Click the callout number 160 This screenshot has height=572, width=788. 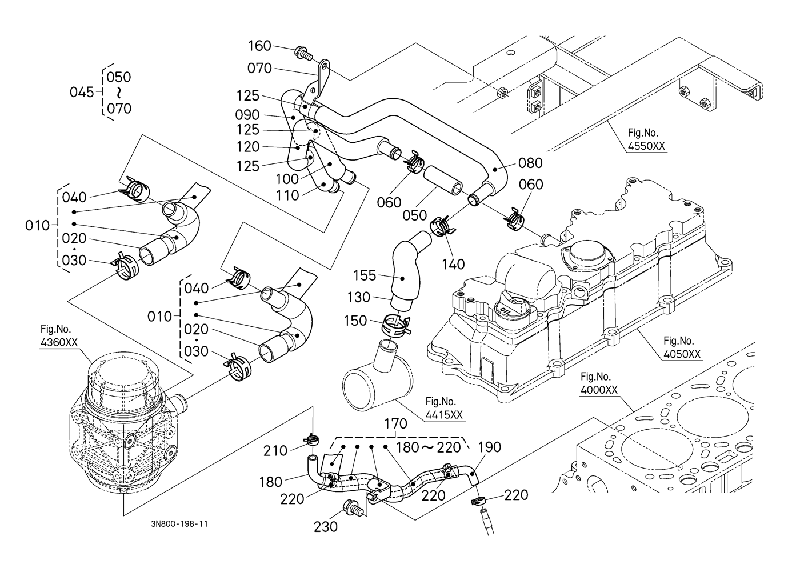(259, 46)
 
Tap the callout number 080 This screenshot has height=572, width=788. (530, 163)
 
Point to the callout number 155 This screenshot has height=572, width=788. (365, 275)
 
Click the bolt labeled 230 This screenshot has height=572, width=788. (352, 508)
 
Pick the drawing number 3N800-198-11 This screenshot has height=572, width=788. (179, 524)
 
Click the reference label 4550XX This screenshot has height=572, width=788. (647, 146)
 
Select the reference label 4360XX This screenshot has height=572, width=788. (59, 342)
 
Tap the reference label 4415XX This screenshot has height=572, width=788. (444, 415)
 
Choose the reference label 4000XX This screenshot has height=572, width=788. (599, 390)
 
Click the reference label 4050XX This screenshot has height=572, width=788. (682, 354)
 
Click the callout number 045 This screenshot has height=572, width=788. (82, 92)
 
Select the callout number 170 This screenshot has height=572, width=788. (396, 424)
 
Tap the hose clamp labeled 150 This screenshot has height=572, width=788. (395, 325)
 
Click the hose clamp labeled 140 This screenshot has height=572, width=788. (442, 226)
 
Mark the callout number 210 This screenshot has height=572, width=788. (275, 451)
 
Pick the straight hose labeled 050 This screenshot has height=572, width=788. (443, 181)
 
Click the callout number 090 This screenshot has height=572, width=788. (247, 115)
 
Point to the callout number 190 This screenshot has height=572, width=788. (489, 447)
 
